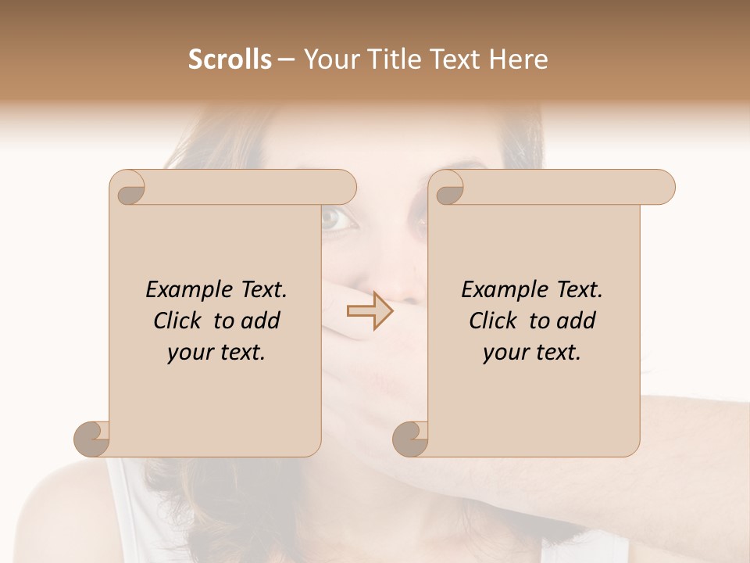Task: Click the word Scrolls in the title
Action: [x=230, y=59]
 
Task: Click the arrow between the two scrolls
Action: [x=370, y=311]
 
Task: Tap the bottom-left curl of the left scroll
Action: [x=91, y=439]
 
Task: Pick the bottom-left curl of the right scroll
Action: [x=410, y=439]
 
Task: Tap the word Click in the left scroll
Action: [x=178, y=321]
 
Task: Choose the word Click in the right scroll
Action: [x=494, y=321]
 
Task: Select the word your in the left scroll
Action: [x=188, y=353]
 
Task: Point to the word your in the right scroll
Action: [x=504, y=353]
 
